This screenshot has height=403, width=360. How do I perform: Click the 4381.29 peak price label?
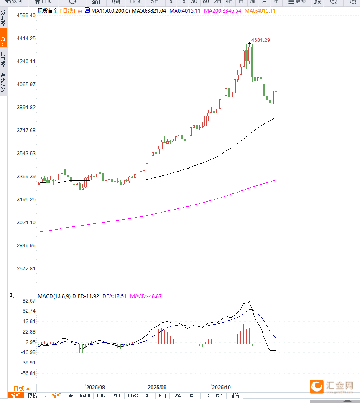coord(260,40)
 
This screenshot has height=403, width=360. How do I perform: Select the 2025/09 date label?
coord(157,388)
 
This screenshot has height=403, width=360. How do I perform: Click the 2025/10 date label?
coord(222,388)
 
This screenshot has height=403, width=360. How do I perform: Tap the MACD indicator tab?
coord(85,395)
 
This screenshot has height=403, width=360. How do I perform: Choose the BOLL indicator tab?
coord(102,395)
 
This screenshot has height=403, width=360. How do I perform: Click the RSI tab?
coord(193,395)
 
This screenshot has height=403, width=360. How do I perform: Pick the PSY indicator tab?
coord(219,395)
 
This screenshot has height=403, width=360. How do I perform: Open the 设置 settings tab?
coord(235,395)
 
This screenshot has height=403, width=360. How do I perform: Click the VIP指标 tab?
coord(53,395)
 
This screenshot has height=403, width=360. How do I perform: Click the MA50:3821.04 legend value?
coord(149,10)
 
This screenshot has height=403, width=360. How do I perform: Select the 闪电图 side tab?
coord(3,59)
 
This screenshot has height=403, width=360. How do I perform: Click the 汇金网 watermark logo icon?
coord(317,387)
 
